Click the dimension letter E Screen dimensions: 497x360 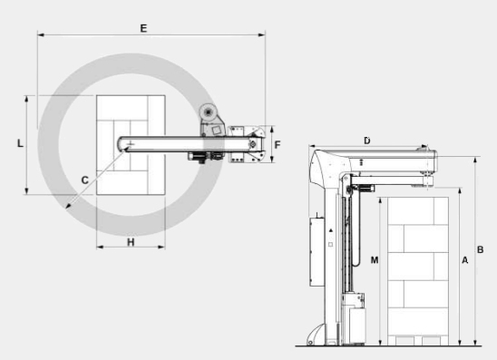143,28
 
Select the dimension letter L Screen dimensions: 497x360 20,143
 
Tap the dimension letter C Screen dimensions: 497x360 84,180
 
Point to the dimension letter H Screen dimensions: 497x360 131,242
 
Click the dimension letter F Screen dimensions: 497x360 278,145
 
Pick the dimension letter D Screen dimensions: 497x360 367,141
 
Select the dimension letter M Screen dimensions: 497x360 375,260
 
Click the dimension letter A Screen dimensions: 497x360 464,260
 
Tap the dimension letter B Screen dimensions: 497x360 480,249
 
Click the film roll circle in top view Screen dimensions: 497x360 209,112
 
